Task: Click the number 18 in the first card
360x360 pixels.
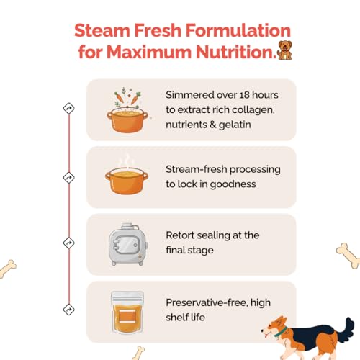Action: click(x=243, y=96)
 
